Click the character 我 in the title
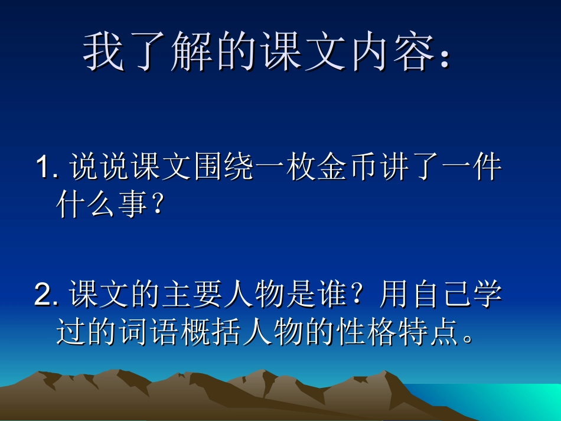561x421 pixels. (104, 51)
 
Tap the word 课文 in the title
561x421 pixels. (298, 51)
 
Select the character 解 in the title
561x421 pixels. (191, 51)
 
